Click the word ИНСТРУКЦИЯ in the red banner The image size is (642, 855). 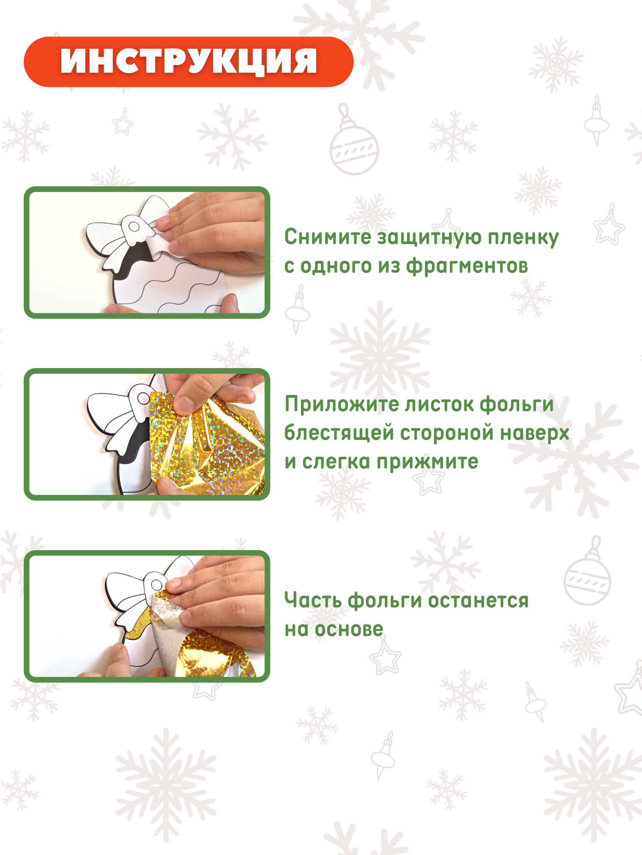(x=189, y=62)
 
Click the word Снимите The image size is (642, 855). (x=328, y=237)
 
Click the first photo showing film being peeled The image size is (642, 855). (x=147, y=253)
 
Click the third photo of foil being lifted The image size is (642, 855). (x=147, y=616)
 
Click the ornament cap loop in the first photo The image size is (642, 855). (x=134, y=226)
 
